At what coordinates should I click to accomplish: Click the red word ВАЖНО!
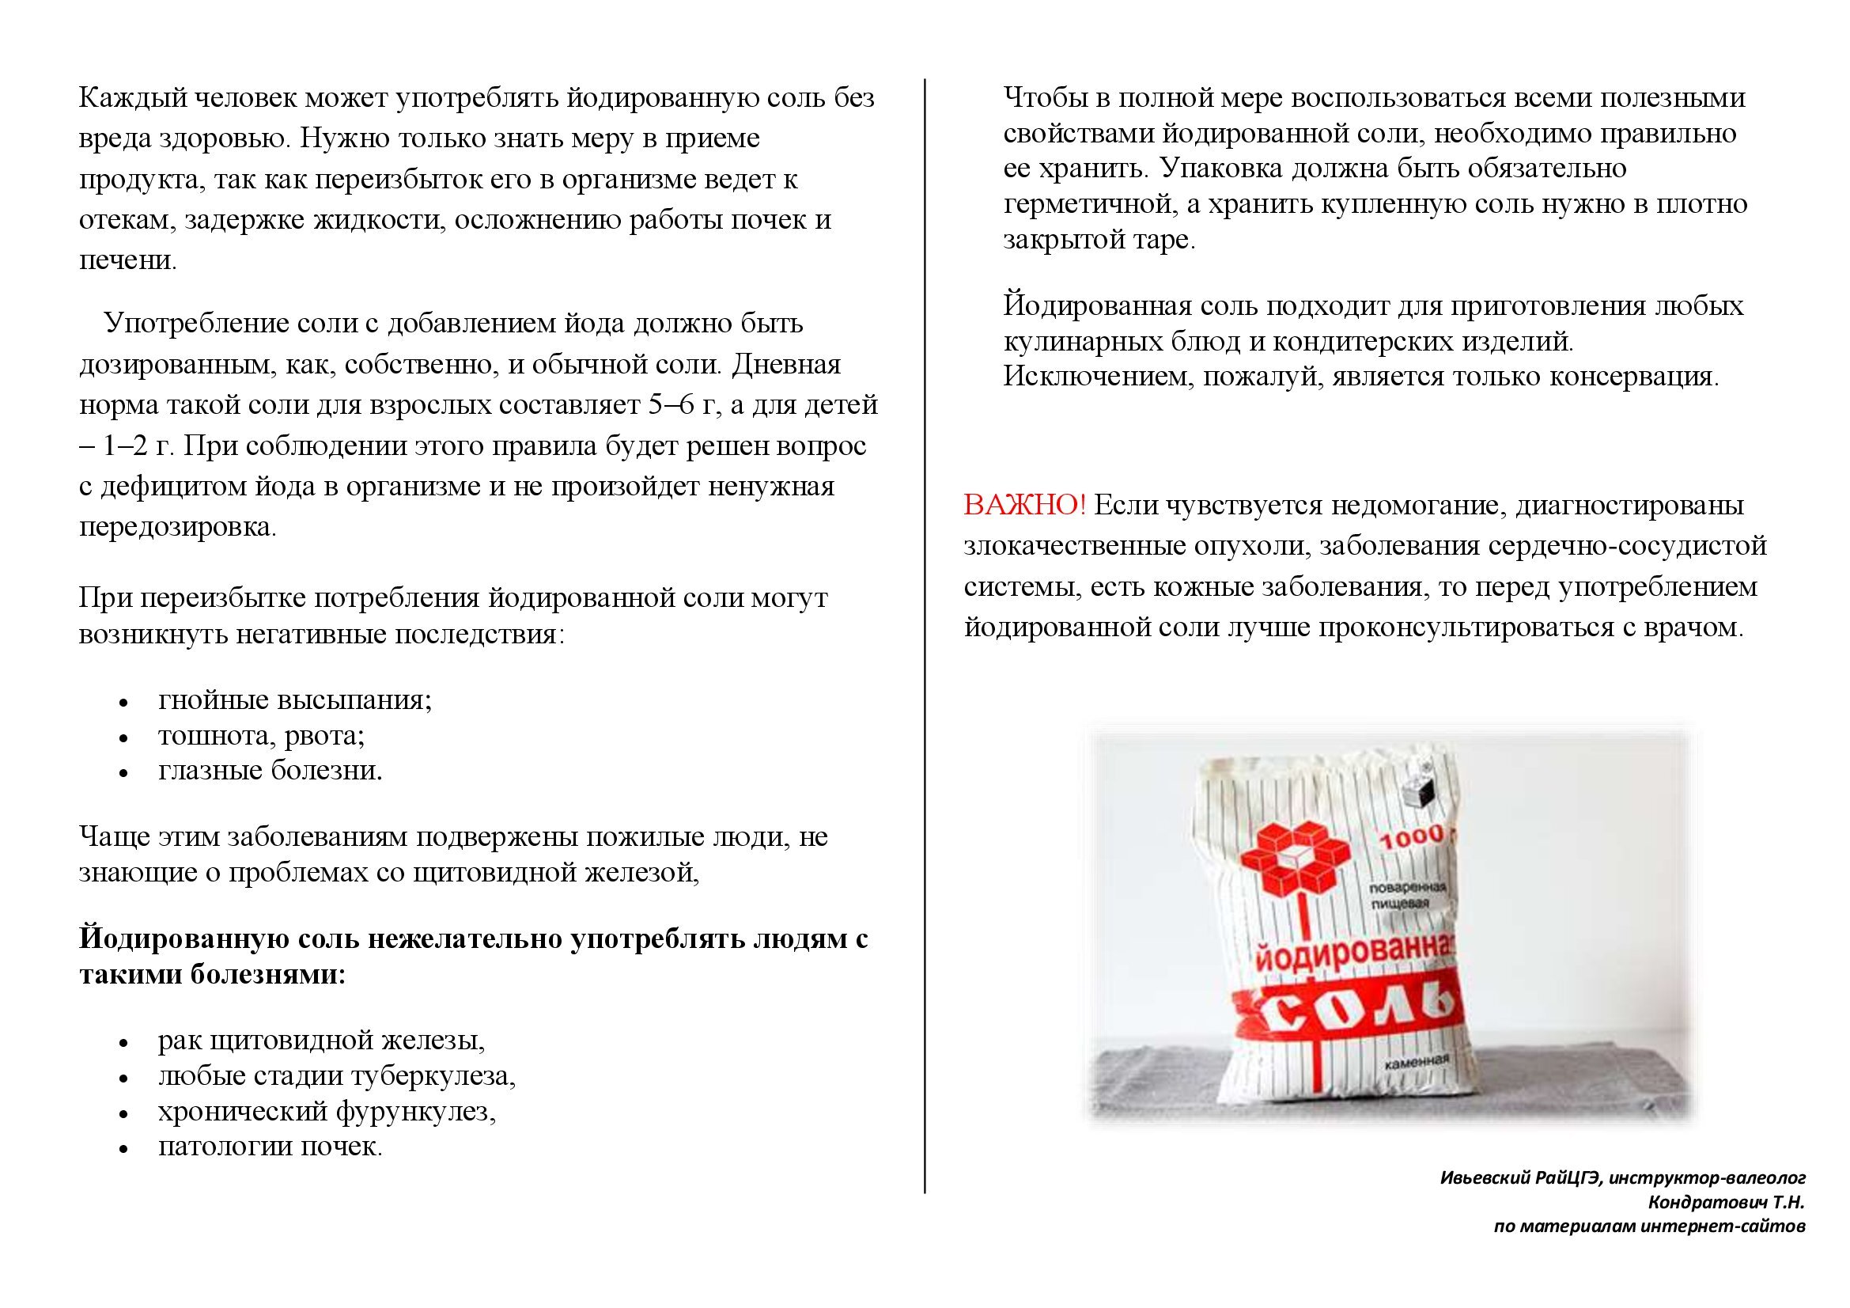pos(1024,506)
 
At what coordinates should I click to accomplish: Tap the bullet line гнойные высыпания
pos(295,699)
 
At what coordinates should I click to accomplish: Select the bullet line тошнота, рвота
pos(262,735)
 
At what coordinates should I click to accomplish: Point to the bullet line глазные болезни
pos(270,771)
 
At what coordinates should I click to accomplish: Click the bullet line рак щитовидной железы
pos(321,1041)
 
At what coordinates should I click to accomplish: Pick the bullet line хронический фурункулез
pos(327,1111)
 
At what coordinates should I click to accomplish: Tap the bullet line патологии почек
pos(270,1147)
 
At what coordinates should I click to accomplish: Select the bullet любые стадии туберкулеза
pos(337,1076)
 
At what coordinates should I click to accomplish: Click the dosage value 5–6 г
pos(682,404)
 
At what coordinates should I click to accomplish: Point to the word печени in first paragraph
pos(127,261)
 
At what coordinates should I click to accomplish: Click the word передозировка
pos(177,528)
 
